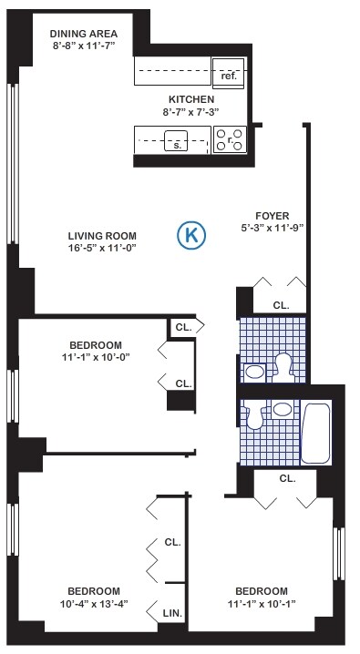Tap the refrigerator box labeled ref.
228,73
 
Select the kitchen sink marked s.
176,141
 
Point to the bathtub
318,426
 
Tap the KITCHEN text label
191,99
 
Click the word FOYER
273,215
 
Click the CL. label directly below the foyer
281,305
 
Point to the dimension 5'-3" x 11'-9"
273,228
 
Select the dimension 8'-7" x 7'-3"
190,112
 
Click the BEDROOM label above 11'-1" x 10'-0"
96,344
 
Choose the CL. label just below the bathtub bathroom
287,478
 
